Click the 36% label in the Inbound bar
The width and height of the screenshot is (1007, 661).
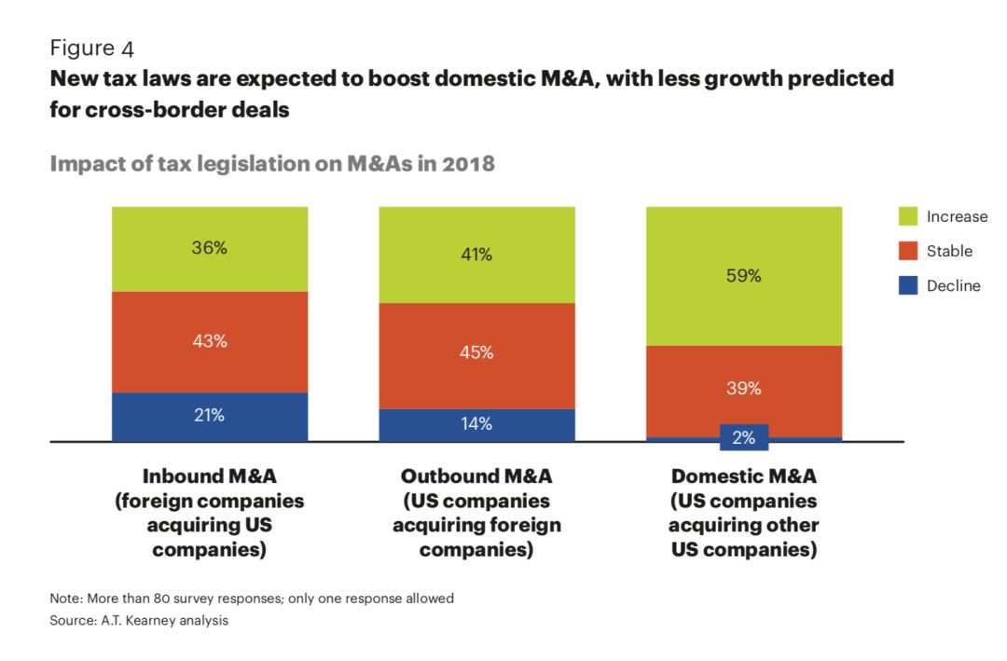(x=210, y=249)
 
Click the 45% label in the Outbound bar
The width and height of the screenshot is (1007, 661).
(x=476, y=353)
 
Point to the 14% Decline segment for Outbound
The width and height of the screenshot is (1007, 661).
(x=476, y=424)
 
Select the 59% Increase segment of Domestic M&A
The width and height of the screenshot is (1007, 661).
(x=744, y=276)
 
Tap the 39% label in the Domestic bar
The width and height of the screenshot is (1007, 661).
(x=744, y=388)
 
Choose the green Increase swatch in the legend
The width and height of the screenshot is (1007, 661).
(x=907, y=217)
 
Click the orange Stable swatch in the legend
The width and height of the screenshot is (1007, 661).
(x=907, y=252)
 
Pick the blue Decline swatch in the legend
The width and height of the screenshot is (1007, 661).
(x=907, y=286)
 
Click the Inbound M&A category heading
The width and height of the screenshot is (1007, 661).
(x=209, y=476)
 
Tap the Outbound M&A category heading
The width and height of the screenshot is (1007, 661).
(x=476, y=476)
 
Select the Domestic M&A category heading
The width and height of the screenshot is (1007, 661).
(x=743, y=476)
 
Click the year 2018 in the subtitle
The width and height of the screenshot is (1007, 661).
(x=463, y=164)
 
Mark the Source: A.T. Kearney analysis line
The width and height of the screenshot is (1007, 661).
(x=139, y=620)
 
